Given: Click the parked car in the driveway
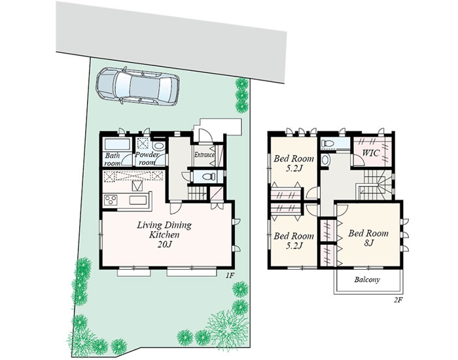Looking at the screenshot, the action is tap(138, 86).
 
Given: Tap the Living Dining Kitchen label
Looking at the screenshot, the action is tap(164, 229).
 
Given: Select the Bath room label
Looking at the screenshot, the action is tap(112, 159).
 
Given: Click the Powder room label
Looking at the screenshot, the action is tap(147, 158).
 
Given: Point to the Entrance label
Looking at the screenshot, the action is tap(204, 155).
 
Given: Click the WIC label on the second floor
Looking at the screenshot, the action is tap(371, 153).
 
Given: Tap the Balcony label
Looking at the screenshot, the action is tap(367, 279).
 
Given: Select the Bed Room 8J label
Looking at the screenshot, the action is tap(368, 238).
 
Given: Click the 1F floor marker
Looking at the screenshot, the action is tap(229, 275).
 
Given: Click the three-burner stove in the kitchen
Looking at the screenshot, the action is tap(111, 200).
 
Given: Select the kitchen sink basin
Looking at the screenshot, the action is tap(138, 200).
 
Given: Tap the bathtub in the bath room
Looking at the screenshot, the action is tap(117, 145).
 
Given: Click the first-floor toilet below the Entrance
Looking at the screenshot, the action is tap(209, 177).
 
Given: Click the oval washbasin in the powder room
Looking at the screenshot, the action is tap(159, 147).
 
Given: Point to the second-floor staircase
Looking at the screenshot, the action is tap(375, 185).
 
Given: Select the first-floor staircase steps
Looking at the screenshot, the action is tap(197, 194).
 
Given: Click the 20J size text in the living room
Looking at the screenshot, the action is tap(164, 245).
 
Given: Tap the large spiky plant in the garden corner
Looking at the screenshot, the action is tap(227, 330).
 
